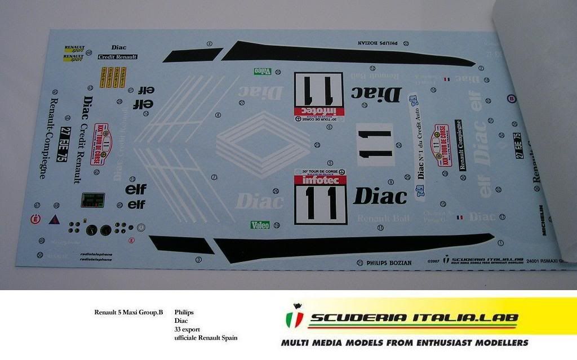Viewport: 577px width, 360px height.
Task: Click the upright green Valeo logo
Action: tap(260, 225)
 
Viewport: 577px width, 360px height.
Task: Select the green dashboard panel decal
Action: tap(92, 200)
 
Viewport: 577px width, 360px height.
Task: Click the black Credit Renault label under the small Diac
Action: tap(117, 57)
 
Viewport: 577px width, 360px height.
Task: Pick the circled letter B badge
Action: tap(511, 97)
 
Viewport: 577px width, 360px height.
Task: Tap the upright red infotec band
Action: tap(320, 180)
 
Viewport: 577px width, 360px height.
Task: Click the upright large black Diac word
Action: tap(380, 196)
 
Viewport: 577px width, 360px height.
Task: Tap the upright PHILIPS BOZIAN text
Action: tap(389, 263)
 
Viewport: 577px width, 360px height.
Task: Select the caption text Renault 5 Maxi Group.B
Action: tap(128, 312)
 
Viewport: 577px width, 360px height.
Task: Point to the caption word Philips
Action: tap(184, 312)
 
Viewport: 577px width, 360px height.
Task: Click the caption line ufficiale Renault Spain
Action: tap(206, 337)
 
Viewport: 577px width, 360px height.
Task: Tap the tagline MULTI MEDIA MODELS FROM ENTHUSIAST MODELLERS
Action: tap(405, 342)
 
